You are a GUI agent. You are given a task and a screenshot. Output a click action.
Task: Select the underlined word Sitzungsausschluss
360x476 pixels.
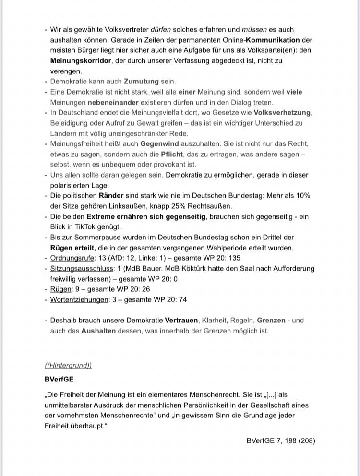click(x=81, y=268)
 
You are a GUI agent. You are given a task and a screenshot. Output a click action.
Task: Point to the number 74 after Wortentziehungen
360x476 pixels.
click(x=183, y=299)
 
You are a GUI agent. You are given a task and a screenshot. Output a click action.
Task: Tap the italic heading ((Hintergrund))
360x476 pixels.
click(x=68, y=366)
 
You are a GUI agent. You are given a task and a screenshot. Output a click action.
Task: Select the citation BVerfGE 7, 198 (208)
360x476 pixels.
click(x=281, y=440)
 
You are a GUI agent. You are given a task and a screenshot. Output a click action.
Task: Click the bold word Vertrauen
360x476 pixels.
click(x=182, y=320)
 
